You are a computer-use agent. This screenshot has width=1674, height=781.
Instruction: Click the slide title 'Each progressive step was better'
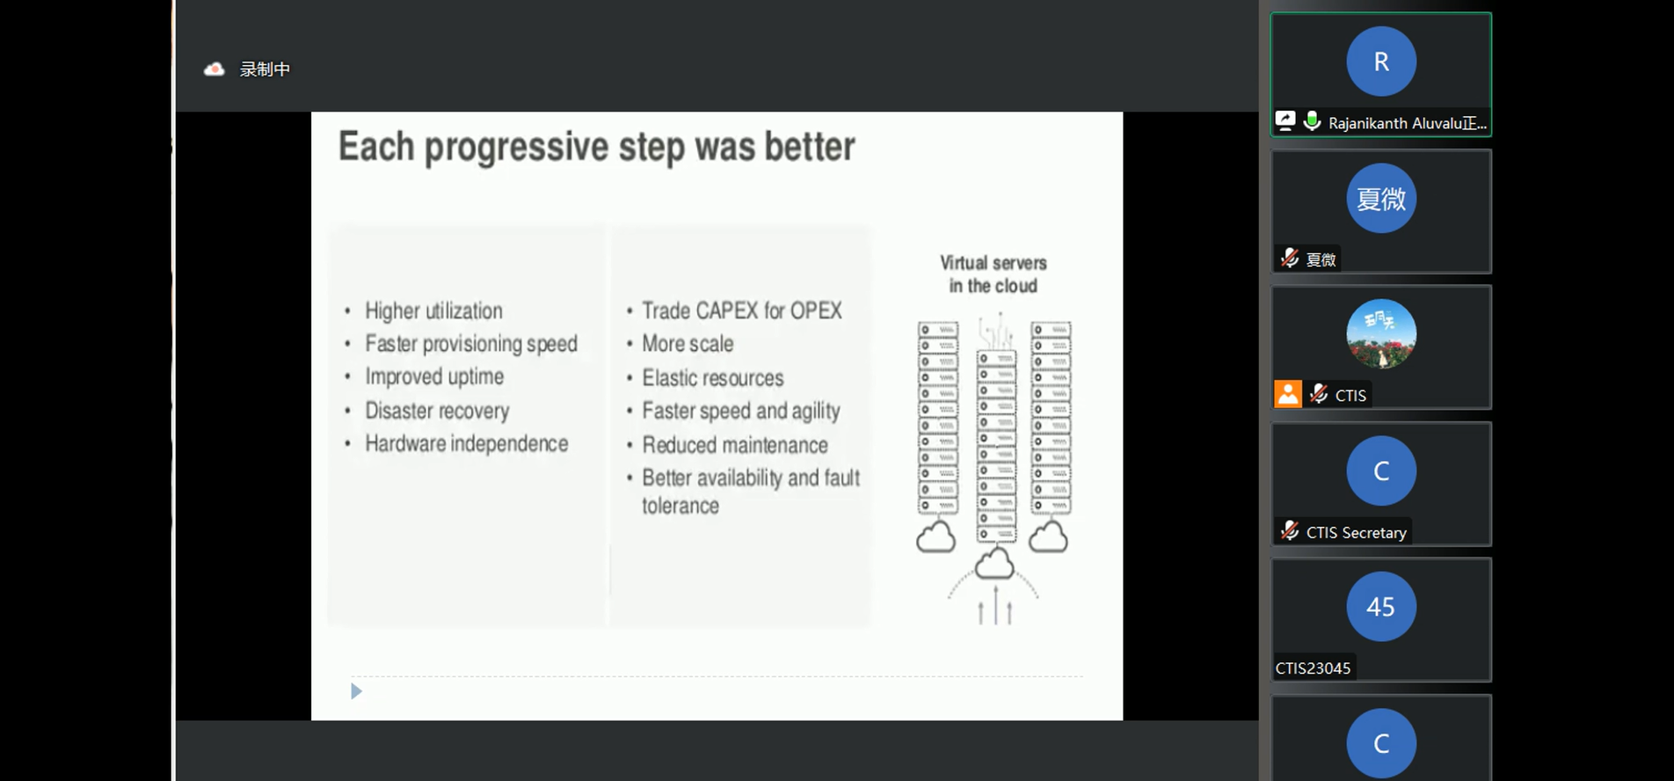click(596, 147)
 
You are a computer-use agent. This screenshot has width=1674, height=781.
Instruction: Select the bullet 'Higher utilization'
click(433, 310)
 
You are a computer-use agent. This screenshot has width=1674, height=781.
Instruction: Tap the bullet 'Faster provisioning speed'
click(471, 344)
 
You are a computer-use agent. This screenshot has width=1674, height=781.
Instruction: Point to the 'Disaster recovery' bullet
click(437, 411)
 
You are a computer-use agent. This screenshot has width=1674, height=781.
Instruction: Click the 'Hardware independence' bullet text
click(467, 443)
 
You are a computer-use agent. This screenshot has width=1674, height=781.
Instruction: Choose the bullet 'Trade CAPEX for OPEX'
click(742, 310)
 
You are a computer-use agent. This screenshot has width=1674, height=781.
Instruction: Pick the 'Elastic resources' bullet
click(713, 378)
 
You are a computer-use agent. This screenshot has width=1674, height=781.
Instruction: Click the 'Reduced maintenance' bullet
click(735, 445)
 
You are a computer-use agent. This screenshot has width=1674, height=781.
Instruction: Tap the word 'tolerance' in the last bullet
click(681, 506)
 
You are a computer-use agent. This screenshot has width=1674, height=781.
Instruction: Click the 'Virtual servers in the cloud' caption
click(993, 274)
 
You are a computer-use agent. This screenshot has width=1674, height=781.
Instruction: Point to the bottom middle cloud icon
click(994, 563)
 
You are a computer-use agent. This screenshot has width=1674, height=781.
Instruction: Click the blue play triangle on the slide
click(356, 691)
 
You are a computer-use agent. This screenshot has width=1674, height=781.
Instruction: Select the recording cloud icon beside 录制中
click(215, 69)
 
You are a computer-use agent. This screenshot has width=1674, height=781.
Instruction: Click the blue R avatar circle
click(1381, 62)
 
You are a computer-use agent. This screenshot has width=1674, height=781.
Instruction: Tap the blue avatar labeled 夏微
click(1381, 198)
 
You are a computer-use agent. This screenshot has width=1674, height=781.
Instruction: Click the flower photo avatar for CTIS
click(1381, 334)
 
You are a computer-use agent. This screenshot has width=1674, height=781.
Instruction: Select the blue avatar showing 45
click(1381, 606)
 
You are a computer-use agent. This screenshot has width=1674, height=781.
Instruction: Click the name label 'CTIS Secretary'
click(1356, 532)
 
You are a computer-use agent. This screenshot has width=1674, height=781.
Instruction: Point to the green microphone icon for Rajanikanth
click(1312, 120)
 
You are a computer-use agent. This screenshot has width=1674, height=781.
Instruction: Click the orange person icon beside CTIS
click(1288, 394)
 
